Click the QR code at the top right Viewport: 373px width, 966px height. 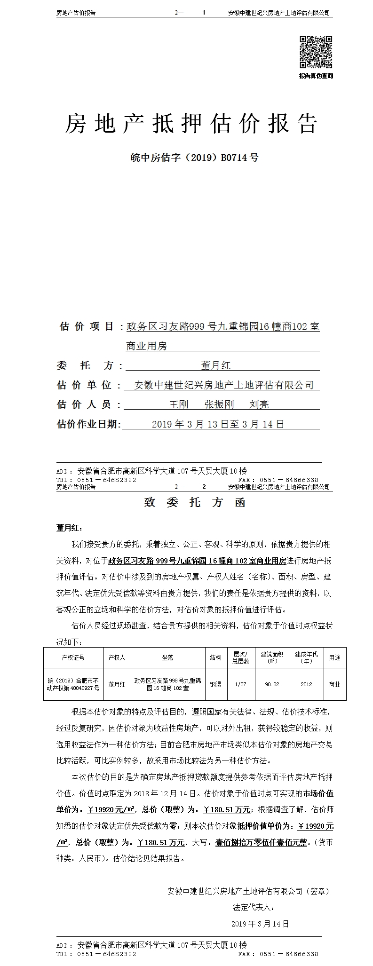tap(316, 52)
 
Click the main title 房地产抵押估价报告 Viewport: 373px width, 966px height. tap(191, 124)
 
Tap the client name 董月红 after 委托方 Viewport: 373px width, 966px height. tap(215, 365)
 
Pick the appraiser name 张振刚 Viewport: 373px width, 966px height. tap(219, 404)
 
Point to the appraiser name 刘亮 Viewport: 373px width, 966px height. tap(259, 404)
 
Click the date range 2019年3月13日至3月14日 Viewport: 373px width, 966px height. tap(218, 424)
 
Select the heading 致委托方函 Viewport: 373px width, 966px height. tap(194, 502)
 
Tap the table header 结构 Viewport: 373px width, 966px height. tap(216, 657)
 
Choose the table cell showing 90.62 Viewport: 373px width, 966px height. tap(272, 684)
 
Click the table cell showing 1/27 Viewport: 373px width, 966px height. tap(240, 684)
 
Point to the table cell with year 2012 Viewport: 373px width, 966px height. tap(306, 684)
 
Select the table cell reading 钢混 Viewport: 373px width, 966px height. tap(216, 684)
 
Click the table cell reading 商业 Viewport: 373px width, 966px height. tap(334, 684)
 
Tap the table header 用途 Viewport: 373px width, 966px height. tap(334, 657)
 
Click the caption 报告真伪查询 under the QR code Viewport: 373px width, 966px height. tap(316, 76)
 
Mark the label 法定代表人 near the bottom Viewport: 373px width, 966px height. tap(253, 907)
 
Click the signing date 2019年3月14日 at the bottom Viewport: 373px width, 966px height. tap(260, 924)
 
